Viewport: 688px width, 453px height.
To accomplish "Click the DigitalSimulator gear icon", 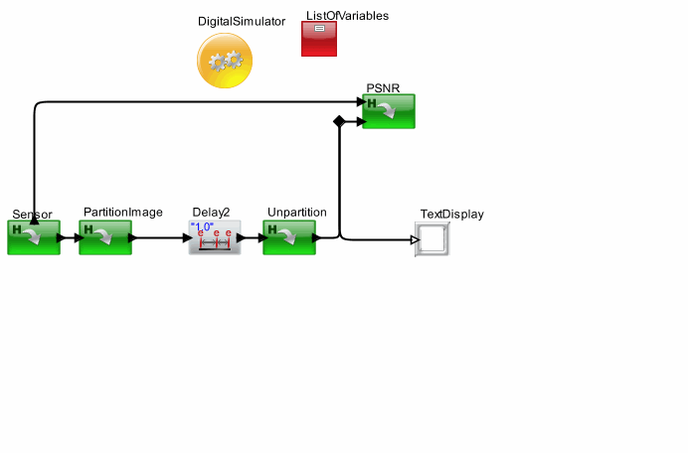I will pos(225,61).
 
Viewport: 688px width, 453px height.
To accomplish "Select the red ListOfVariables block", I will pos(319,39).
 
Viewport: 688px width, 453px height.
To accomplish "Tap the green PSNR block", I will pos(389,111).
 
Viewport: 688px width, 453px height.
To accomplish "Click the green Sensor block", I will pos(34,237).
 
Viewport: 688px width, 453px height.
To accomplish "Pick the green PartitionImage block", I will pos(105,237).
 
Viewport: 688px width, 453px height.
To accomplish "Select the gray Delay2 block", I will pos(215,237).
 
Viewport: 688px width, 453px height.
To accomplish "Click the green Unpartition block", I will pos(289,237).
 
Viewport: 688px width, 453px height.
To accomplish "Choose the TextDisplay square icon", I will pos(431,239).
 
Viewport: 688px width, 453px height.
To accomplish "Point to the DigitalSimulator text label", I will pos(242,21).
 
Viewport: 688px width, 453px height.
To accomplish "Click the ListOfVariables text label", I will pos(347,16).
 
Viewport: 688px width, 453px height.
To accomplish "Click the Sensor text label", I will pos(32,214).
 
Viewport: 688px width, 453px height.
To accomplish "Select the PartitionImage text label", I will pos(123,213).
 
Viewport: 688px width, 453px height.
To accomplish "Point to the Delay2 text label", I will pos(211,213).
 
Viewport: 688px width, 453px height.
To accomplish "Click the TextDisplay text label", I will pos(452,214).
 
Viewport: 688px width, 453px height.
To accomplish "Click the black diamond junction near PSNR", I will pos(339,121).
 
